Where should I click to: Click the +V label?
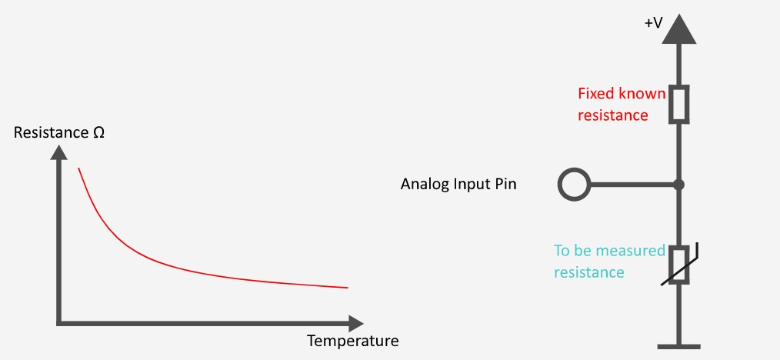(x=654, y=23)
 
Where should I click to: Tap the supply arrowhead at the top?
(x=678, y=29)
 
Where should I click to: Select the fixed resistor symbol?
(x=678, y=104)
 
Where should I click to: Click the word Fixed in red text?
(x=596, y=94)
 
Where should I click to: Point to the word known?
(x=642, y=94)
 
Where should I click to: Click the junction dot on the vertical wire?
(x=678, y=185)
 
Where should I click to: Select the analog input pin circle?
(x=574, y=185)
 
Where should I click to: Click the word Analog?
(x=425, y=185)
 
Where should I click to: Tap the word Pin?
(x=506, y=184)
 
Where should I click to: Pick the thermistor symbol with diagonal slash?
(x=679, y=265)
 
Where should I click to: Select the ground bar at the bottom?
(x=678, y=347)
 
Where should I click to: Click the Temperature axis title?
(x=352, y=341)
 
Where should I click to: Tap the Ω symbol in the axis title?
(x=98, y=133)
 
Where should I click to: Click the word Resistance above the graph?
(x=51, y=133)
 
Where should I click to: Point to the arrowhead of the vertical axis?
(x=59, y=152)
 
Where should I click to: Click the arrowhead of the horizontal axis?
(x=356, y=324)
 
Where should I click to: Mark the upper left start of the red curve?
(x=78, y=168)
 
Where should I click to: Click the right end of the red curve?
(x=347, y=288)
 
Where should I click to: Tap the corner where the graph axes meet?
(x=59, y=324)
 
